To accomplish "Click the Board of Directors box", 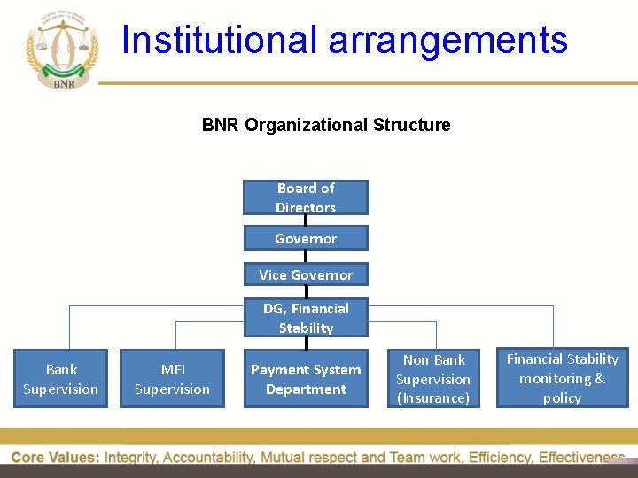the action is point(306,197).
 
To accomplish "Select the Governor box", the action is point(306,238).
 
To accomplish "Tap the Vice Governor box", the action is point(306,274).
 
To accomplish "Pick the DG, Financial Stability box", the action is point(306,318).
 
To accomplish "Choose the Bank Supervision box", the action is point(61,379).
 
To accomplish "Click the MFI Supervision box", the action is point(173,379).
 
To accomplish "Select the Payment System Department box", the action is point(306,379).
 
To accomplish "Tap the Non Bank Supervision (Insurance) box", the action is point(433,379).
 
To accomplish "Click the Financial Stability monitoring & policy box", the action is point(562,378).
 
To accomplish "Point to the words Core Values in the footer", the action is point(53,458).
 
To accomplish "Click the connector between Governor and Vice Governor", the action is point(306,257).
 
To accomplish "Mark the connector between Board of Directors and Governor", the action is point(306,220).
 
